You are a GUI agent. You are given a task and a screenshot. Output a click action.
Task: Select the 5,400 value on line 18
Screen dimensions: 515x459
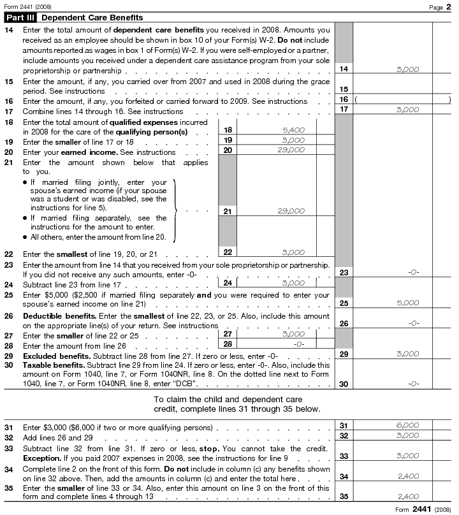click(293, 129)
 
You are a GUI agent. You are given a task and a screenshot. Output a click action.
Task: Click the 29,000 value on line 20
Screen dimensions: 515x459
click(291, 150)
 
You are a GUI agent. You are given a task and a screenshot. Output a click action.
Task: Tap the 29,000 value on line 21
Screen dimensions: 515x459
click(291, 211)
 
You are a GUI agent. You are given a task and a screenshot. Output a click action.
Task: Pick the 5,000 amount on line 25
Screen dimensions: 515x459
click(407, 303)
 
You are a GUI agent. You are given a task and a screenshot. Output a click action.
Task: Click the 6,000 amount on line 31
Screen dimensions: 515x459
click(407, 425)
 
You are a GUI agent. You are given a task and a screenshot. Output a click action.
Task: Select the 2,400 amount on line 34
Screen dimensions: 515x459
click(407, 476)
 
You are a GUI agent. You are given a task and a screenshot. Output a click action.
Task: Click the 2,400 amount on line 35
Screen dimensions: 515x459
click(407, 497)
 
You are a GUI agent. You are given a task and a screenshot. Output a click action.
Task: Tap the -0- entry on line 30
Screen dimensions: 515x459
click(412, 384)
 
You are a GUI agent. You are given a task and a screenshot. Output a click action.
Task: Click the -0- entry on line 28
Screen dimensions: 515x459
click(298, 344)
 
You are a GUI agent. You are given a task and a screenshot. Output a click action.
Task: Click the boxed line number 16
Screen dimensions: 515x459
click(344, 99)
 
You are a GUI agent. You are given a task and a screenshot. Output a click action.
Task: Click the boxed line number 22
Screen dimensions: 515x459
click(228, 252)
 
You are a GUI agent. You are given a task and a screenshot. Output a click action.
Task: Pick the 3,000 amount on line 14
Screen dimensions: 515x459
click(407, 69)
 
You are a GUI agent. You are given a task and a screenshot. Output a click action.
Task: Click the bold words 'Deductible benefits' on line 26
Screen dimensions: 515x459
click(54, 316)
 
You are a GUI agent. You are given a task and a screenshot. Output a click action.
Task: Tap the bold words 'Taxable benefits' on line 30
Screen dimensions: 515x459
click(48, 365)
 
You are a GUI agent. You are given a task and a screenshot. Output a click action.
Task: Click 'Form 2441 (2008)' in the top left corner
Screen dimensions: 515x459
click(27, 6)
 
